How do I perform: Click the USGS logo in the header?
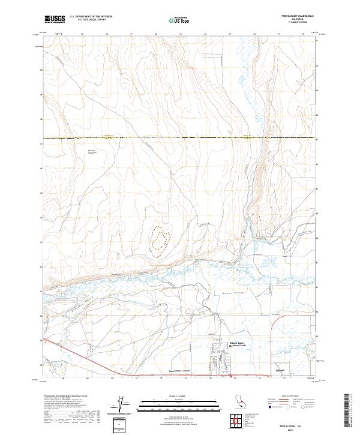coord(55,19)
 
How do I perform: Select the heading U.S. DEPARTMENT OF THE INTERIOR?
coord(91,17)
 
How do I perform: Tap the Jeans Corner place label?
coord(179,371)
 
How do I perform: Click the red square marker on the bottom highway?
coord(232,377)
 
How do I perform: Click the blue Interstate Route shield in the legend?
coord(268,406)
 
